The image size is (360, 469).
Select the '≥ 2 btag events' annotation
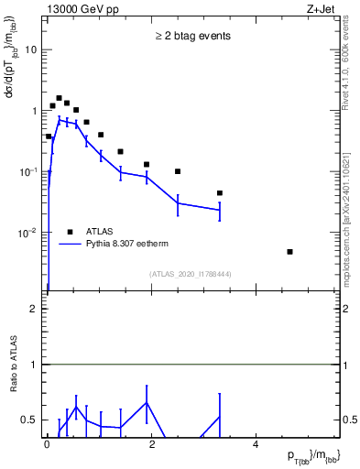tap(191, 37)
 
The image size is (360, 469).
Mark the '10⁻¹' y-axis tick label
tap(30, 171)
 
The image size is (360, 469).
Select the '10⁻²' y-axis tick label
tap(30, 233)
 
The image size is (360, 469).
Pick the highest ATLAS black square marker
tap(59, 98)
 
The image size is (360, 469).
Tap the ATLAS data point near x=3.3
tap(220, 193)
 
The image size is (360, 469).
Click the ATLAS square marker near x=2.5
tap(178, 171)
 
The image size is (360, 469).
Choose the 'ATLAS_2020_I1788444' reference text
tap(190, 274)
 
